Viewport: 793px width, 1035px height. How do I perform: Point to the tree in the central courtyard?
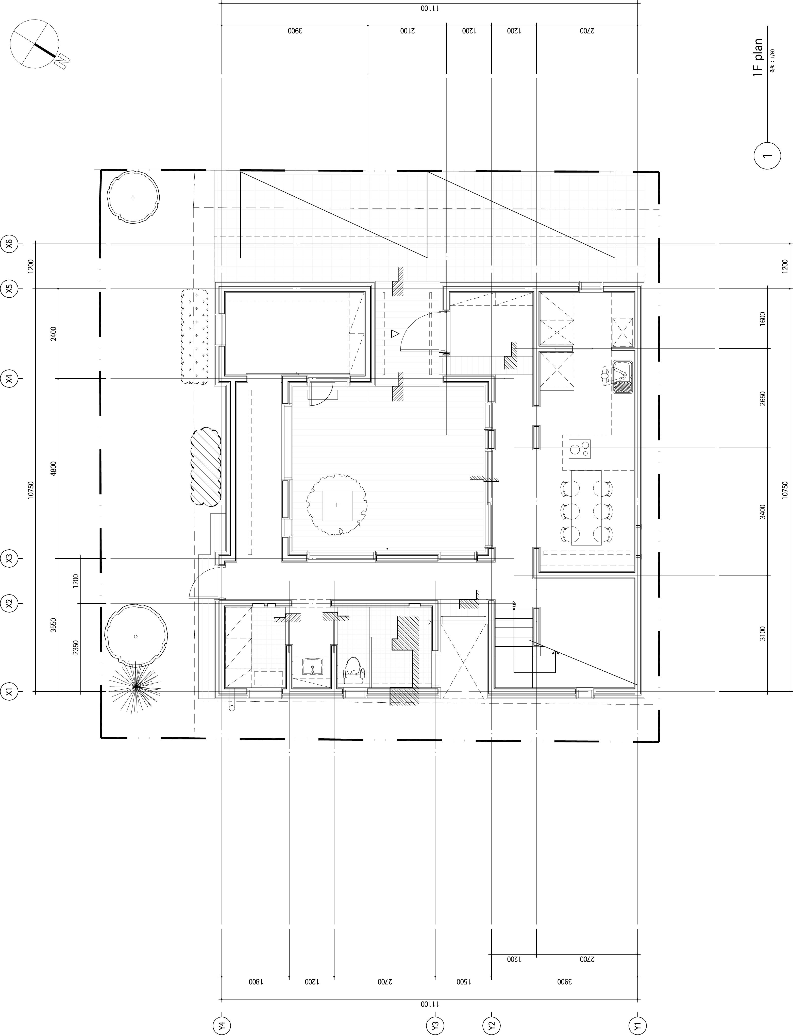pyautogui.click(x=337, y=505)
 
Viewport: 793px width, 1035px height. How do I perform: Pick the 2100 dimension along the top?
pyautogui.click(x=407, y=31)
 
